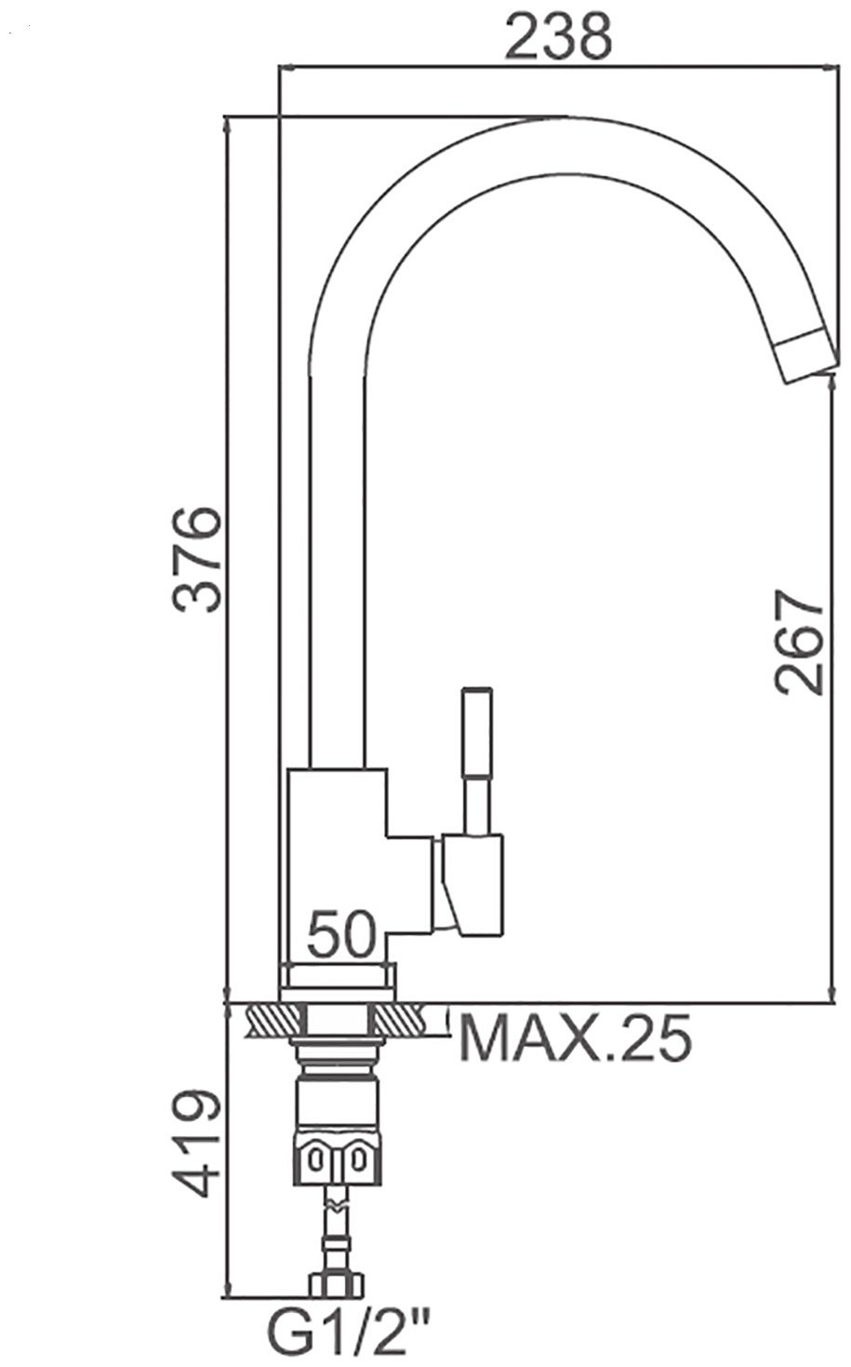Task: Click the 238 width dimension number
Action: (558, 38)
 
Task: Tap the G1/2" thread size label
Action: (351, 1335)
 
